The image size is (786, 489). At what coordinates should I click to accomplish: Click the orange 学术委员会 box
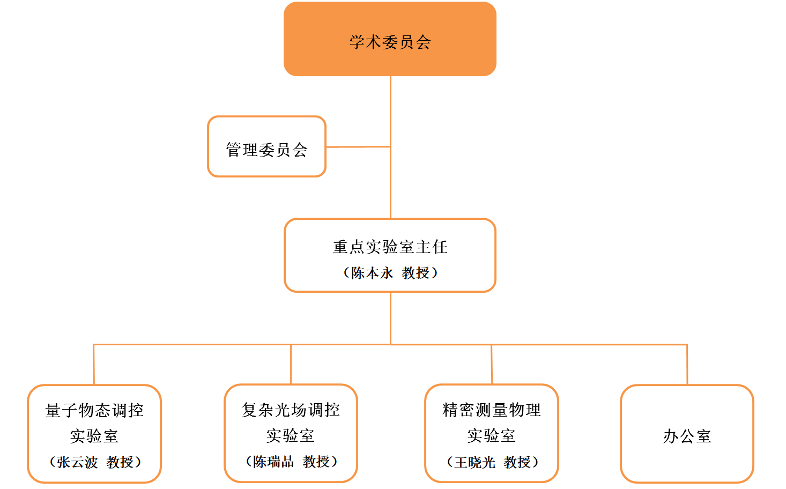(x=390, y=39)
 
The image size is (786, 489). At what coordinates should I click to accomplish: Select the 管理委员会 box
(x=266, y=147)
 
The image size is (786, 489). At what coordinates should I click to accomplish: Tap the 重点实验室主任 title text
(x=390, y=247)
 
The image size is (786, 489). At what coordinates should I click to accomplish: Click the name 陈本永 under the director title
(x=372, y=273)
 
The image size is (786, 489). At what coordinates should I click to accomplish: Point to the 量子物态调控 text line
(x=94, y=410)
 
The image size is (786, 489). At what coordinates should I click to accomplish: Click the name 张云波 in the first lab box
(x=77, y=462)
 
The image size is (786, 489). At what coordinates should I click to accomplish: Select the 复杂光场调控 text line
(x=291, y=410)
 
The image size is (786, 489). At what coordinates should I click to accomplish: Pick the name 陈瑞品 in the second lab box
(x=273, y=461)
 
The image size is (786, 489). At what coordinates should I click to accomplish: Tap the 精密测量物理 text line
(x=492, y=410)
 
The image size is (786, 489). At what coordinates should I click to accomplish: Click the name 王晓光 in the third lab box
(x=474, y=462)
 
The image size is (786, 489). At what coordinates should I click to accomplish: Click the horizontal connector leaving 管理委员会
(x=358, y=146)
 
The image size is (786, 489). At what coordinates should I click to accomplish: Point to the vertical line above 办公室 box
(x=687, y=365)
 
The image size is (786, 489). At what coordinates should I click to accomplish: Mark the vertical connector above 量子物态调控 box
(x=94, y=365)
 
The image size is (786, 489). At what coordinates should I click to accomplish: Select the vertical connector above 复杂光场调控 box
(x=291, y=365)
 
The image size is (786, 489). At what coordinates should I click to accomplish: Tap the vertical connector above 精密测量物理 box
(x=492, y=365)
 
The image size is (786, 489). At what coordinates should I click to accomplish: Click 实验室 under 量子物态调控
(x=94, y=436)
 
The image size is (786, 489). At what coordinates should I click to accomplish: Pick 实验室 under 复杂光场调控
(x=290, y=435)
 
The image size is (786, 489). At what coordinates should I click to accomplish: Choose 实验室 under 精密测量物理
(x=491, y=435)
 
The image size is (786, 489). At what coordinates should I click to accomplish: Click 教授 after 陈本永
(x=416, y=273)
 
